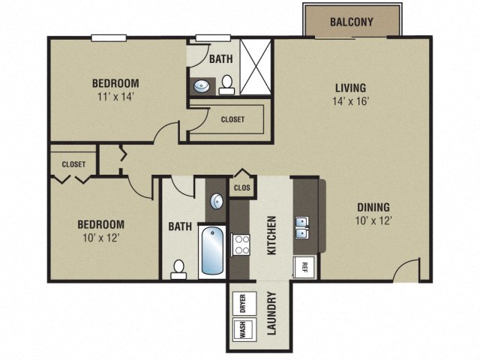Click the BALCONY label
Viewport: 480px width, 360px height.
click(351, 22)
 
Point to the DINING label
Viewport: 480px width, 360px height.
click(373, 208)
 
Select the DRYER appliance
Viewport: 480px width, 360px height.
click(242, 302)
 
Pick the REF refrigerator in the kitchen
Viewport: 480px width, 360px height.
click(305, 265)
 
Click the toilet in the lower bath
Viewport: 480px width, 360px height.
click(178, 268)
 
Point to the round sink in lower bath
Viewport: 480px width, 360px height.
click(216, 201)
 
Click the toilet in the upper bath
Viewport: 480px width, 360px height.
click(226, 85)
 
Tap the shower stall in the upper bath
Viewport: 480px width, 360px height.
click(256, 68)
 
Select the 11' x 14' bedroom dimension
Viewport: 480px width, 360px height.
click(116, 96)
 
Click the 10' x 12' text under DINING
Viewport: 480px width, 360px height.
click(373, 221)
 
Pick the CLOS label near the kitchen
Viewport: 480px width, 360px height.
click(241, 188)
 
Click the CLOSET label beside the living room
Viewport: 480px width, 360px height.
click(232, 119)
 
